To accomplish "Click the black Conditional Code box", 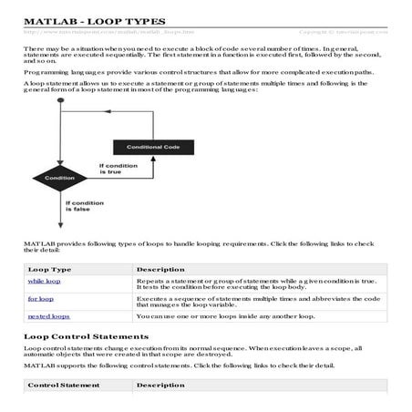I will coord(143,147).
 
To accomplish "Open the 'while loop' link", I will coord(43,283).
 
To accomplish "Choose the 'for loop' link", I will coord(40,298).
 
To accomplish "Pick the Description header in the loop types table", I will coord(160,270).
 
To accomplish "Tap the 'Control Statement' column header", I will coord(61,386).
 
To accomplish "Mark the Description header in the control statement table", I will coord(160,386).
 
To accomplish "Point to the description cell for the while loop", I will coord(255,285).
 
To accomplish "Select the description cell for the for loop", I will coord(255,302).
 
